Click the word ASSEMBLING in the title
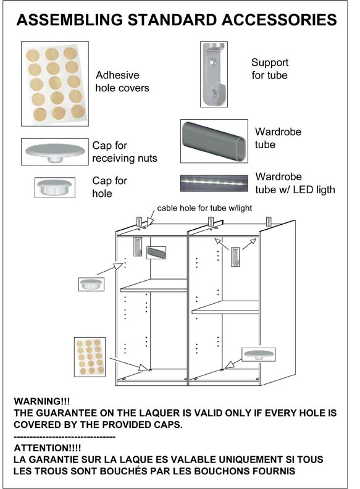point(70,20)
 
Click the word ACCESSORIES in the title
point(279,20)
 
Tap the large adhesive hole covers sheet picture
point(55,84)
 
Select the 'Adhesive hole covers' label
point(122,81)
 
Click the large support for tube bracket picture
point(214,74)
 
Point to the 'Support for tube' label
point(270,69)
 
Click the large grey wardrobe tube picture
point(214,141)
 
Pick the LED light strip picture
point(214,183)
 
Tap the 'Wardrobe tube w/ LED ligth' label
point(295,183)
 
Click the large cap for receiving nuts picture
point(55,152)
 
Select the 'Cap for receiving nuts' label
point(125,152)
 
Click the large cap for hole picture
point(55,188)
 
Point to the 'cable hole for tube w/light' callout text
point(204,208)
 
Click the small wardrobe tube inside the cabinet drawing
point(156,253)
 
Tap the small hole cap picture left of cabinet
point(91,284)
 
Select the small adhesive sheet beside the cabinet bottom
point(90,357)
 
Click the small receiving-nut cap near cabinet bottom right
point(259,354)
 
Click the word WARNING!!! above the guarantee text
point(42,401)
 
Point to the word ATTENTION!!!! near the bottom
point(48,448)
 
